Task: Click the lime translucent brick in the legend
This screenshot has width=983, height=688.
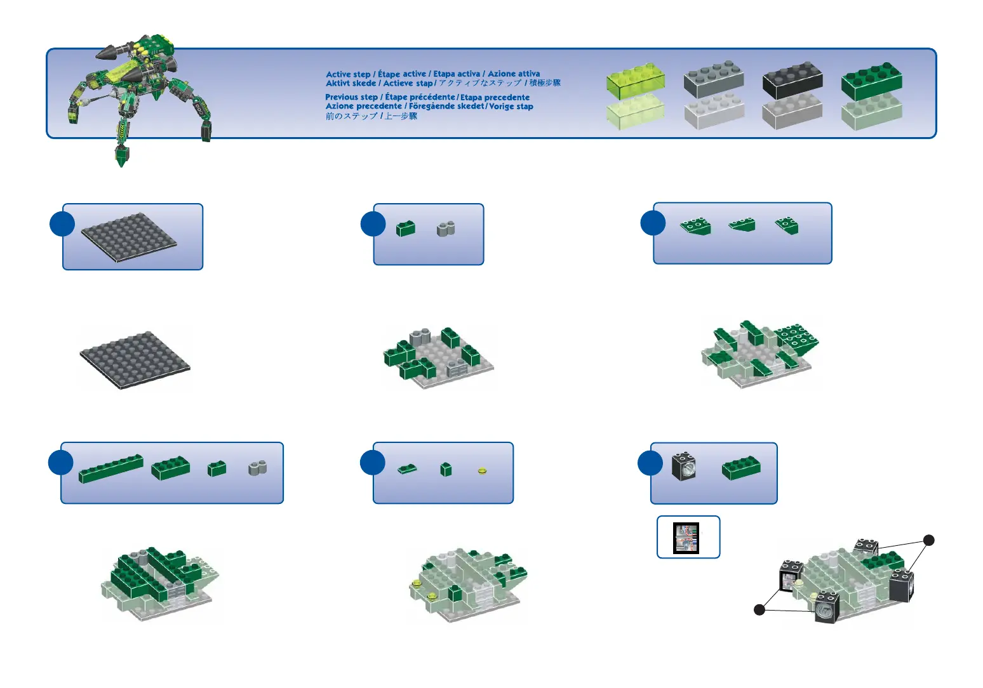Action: point(636,81)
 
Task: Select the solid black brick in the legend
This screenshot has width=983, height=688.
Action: point(792,80)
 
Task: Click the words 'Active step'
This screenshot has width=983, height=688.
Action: point(348,74)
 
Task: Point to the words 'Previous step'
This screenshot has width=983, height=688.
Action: point(351,97)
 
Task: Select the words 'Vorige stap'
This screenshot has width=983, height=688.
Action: point(511,107)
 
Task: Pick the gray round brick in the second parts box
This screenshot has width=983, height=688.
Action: point(446,228)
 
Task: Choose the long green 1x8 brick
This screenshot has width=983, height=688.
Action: point(111,469)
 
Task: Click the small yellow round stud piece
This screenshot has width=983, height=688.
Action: point(482,472)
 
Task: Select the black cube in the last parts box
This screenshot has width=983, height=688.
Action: point(683,466)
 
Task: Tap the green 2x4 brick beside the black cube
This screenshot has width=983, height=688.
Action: point(741,468)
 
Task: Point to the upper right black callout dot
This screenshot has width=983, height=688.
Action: point(928,541)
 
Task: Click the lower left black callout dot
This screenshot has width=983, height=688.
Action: point(759,610)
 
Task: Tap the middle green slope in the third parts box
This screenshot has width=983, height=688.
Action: point(742,225)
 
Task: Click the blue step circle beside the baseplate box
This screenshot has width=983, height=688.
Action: point(62,224)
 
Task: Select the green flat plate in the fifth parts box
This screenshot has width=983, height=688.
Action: point(407,470)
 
